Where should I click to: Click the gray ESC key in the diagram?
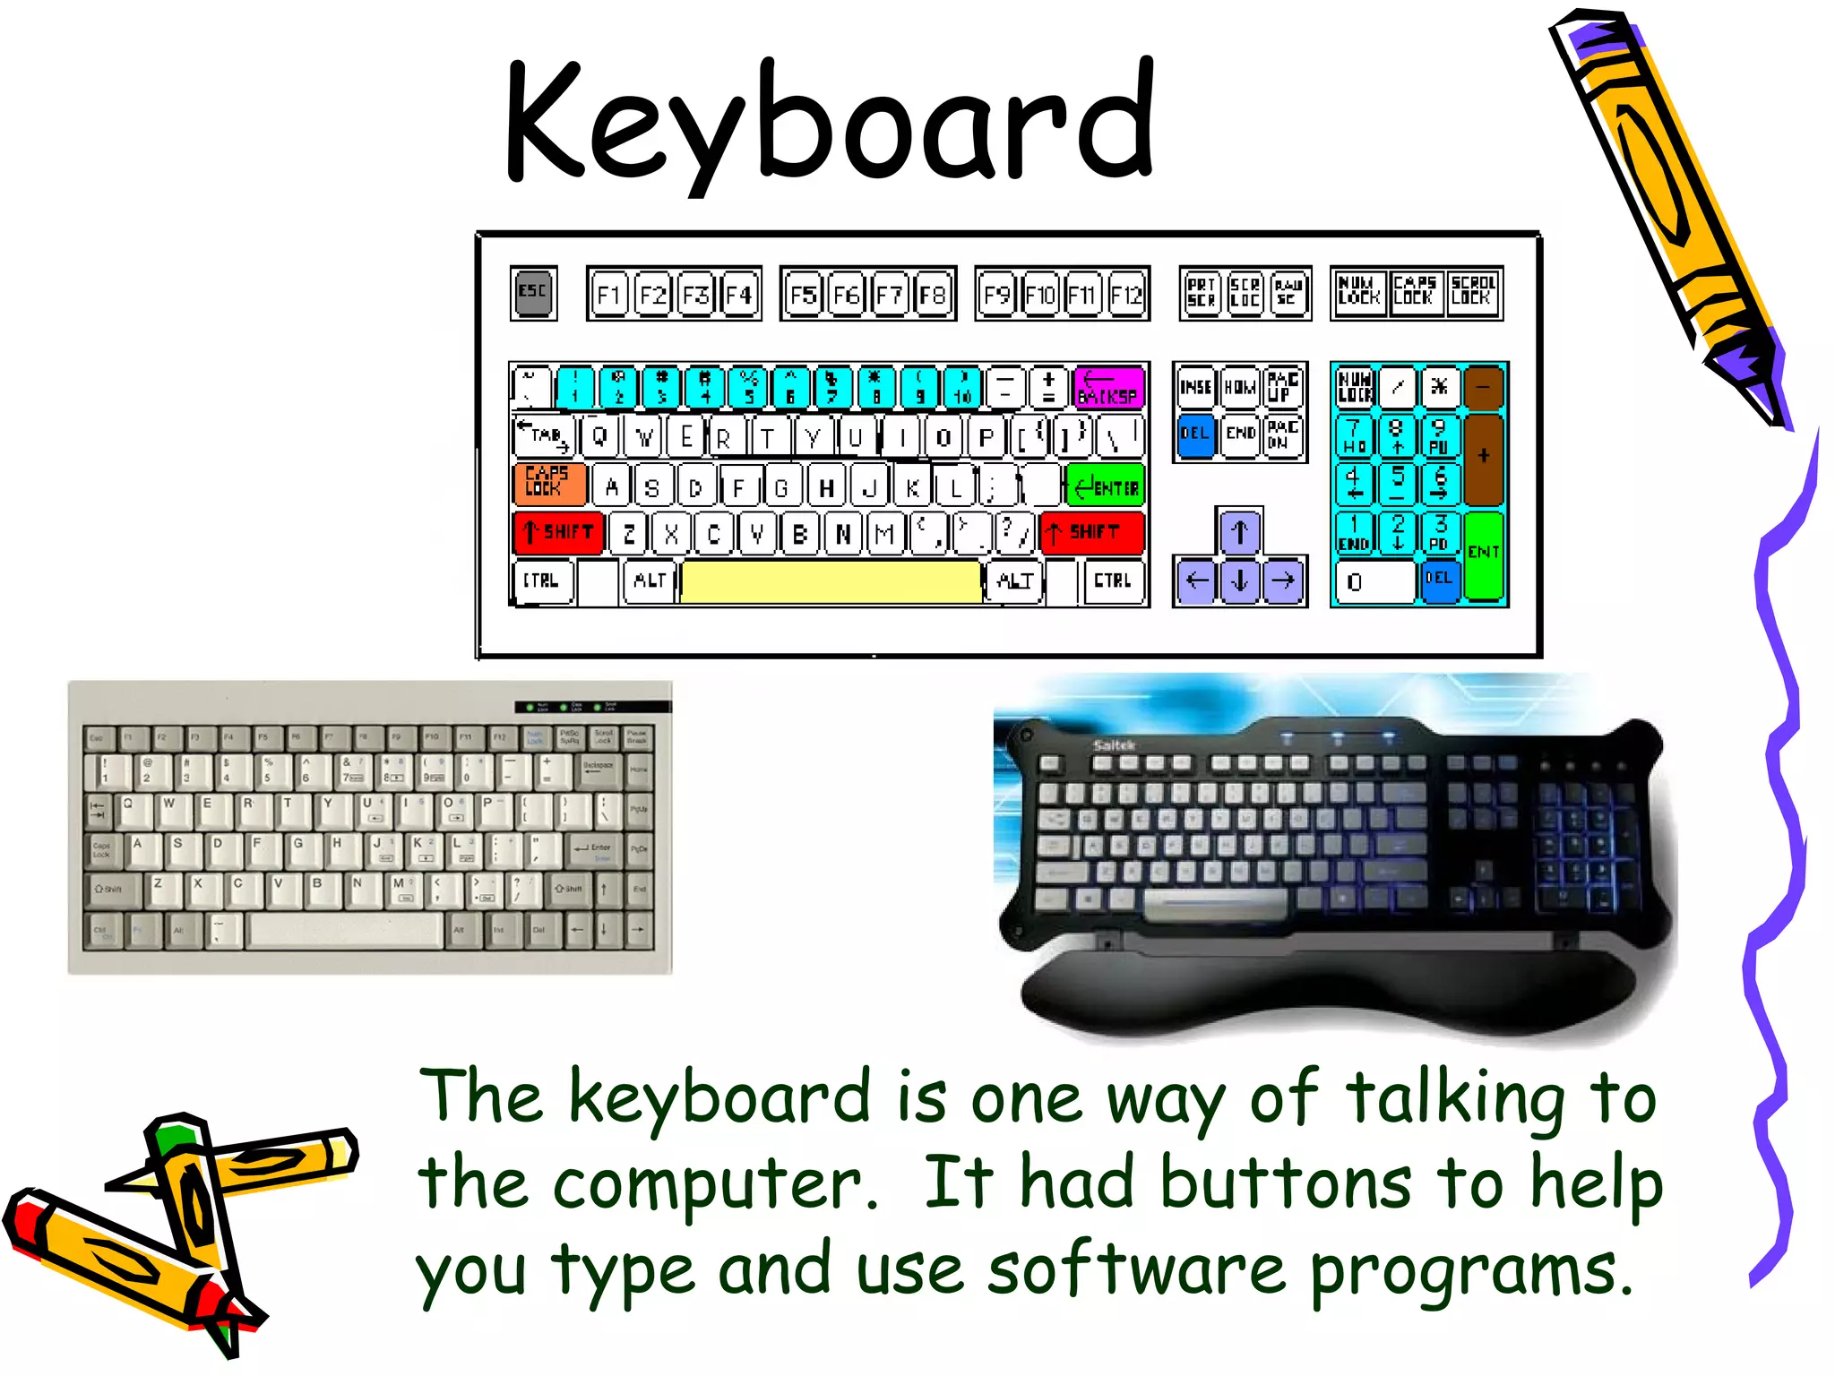(533, 293)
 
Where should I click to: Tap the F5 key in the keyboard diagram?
(803, 294)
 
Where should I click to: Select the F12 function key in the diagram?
(1126, 294)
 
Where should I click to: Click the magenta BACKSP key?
(1108, 387)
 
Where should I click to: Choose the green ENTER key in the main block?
(1105, 486)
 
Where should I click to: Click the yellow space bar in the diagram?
(831, 581)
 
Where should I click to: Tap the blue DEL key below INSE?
(1195, 435)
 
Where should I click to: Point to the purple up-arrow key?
(1239, 531)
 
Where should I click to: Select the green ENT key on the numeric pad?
(1483, 555)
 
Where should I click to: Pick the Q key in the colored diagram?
(599, 437)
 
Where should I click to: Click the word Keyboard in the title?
(830, 121)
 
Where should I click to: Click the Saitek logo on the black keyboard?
(1114, 745)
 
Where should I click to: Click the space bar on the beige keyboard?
(345, 931)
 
